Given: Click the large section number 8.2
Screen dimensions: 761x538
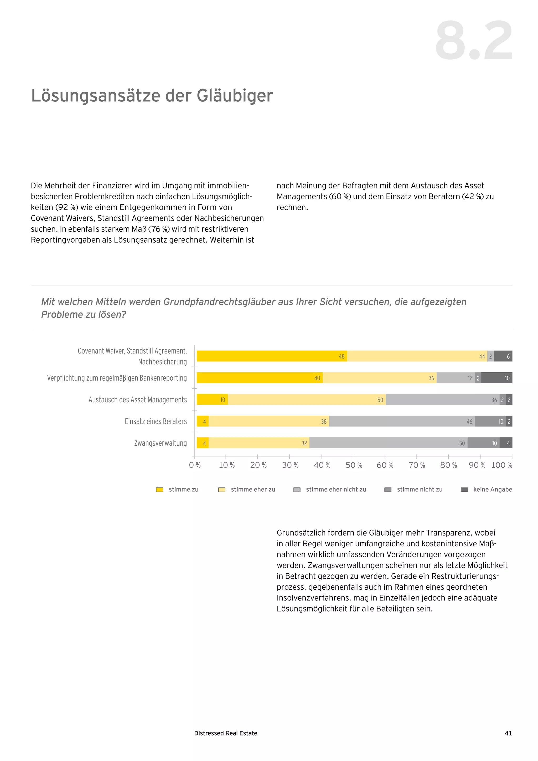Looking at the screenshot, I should [x=474, y=40].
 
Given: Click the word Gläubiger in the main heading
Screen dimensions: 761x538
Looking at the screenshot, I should [x=235, y=96].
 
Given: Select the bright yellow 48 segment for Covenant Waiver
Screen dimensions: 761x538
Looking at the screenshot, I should [x=272, y=356].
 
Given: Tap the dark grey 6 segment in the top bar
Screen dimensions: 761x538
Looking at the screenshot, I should [x=503, y=356].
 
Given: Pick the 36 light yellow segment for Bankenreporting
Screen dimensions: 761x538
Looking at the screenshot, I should [x=379, y=378].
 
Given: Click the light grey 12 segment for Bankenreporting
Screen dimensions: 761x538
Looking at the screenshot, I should [x=456, y=378].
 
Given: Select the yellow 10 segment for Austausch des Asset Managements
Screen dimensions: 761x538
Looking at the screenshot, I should [x=212, y=400].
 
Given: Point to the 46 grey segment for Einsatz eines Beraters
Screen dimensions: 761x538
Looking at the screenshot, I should [x=402, y=421].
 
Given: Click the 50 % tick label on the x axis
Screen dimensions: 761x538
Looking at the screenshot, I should [x=354, y=465].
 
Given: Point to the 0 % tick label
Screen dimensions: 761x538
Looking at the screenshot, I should [x=195, y=465].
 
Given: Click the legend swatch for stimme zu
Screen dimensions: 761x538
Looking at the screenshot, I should [x=160, y=490].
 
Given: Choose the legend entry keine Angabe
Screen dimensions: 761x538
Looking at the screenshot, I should [x=492, y=490].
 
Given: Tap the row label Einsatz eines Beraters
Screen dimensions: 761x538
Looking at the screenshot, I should [x=156, y=421].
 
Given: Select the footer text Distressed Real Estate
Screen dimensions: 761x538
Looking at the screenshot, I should [x=226, y=733].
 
